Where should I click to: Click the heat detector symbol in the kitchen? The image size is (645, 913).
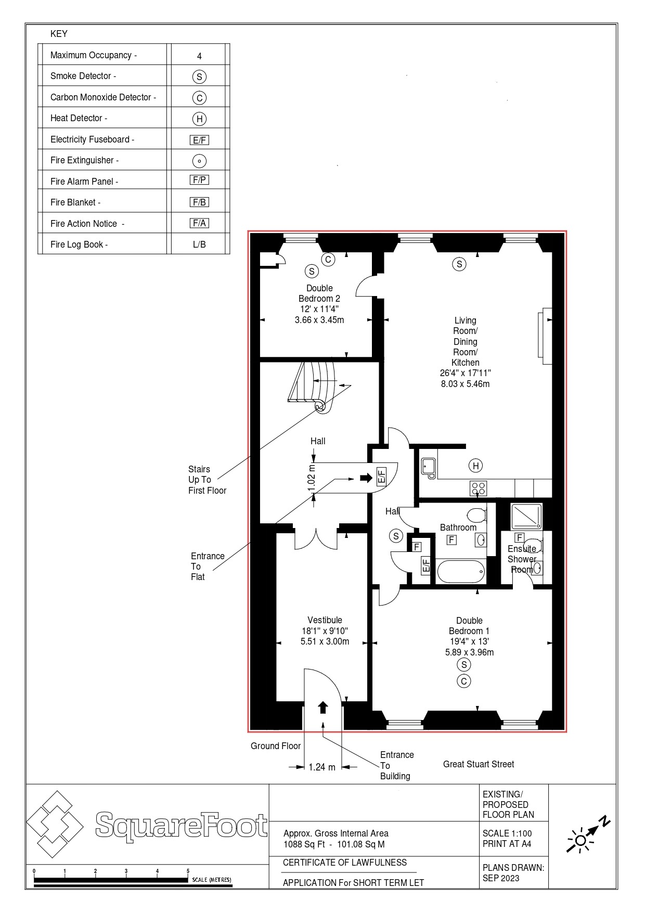click(x=475, y=466)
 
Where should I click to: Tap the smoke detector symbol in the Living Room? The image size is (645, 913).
click(x=459, y=264)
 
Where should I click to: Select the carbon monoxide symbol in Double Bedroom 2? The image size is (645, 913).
click(x=328, y=259)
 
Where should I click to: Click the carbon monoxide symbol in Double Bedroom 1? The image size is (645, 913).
click(x=463, y=680)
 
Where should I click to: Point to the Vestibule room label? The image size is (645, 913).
click(x=325, y=620)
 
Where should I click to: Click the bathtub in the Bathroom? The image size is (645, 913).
click(x=461, y=571)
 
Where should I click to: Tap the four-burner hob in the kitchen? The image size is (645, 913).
click(x=479, y=488)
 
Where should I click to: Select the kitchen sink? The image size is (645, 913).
click(x=429, y=467)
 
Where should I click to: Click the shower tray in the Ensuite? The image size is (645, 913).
click(x=526, y=517)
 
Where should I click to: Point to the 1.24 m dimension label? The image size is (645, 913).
click(x=321, y=767)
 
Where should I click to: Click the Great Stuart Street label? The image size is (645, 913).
click(x=478, y=764)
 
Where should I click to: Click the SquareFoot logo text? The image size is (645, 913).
click(x=181, y=825)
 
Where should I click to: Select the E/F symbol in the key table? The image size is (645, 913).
click(x=199, y=140)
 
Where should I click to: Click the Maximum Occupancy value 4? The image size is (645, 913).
click(x=199, y=56)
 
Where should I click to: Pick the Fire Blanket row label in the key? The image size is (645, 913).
click(x=75, y=202)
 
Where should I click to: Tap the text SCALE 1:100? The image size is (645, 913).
click(x=507, y=833)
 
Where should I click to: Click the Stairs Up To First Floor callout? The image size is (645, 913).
click(x=207, y=480)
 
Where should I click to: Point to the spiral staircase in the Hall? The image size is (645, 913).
click(x=312, y=385)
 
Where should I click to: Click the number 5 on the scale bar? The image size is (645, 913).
click(x=188, y=870)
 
